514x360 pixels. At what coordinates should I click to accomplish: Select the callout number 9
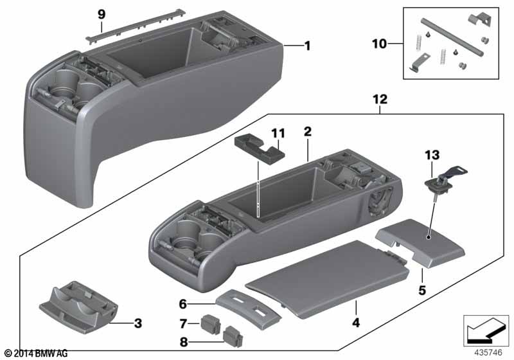(x=100, y=14)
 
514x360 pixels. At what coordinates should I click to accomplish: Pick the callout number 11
(x=278, y=132)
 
